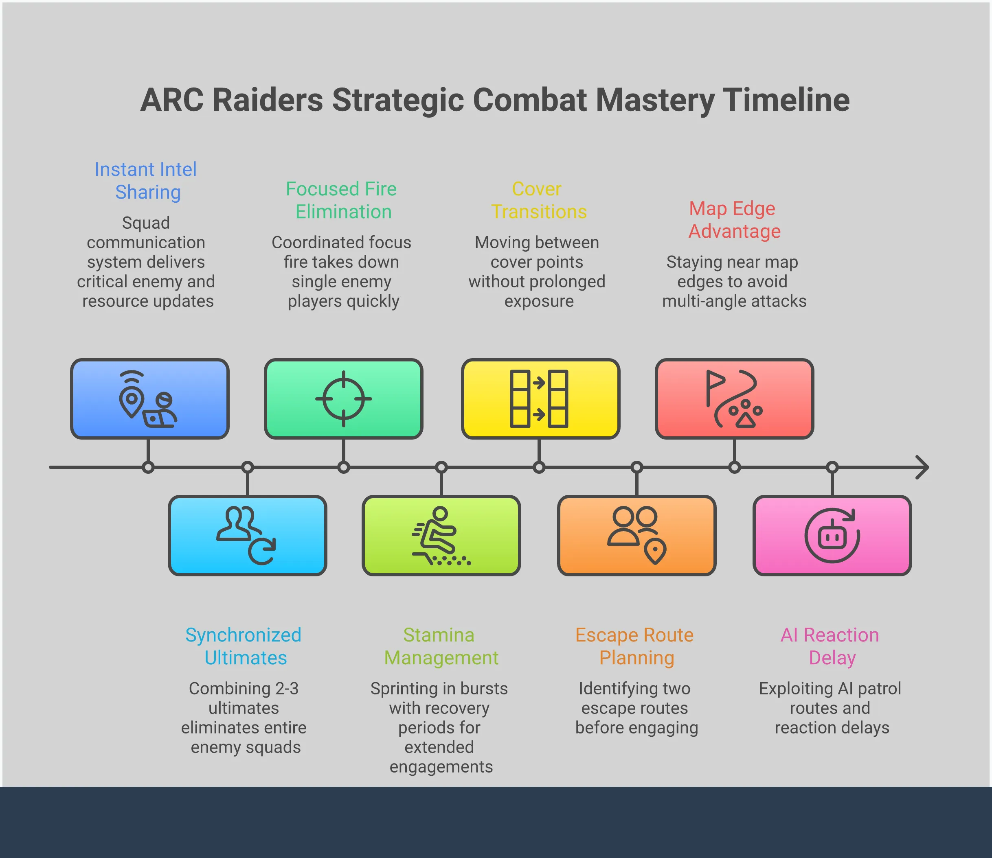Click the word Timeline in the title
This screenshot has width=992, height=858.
pyautogui.click(x=786, y=100)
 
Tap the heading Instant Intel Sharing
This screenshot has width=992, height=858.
pyautogui.click(x=146, y=180)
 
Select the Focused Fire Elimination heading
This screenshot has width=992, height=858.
pyautogui.click(x=342, y=200)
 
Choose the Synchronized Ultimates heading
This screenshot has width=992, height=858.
pyautogui.click(x=244, y=646)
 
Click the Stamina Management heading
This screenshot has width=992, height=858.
pyautogui.click(x=441, y=646)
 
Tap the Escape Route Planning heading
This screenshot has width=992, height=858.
pyautogui.click(x=635, y=646)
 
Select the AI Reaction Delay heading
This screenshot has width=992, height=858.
pyautogui.click(x=831, y=646)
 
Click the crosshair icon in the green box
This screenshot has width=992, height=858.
pyautogui.click(x=343, y=399)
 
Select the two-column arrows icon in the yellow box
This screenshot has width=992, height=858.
pyautogui.click(x=539, y=399)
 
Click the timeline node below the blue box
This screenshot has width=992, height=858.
pyautogui.click(x=149, y=467)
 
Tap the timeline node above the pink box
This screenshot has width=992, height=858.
pyautogui.click(x=832, y=467)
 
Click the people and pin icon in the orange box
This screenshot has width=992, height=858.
pyautogui.click(x=636, y=535)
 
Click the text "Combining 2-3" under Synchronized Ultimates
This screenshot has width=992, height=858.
pyautogui.click(x=244, y=689)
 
